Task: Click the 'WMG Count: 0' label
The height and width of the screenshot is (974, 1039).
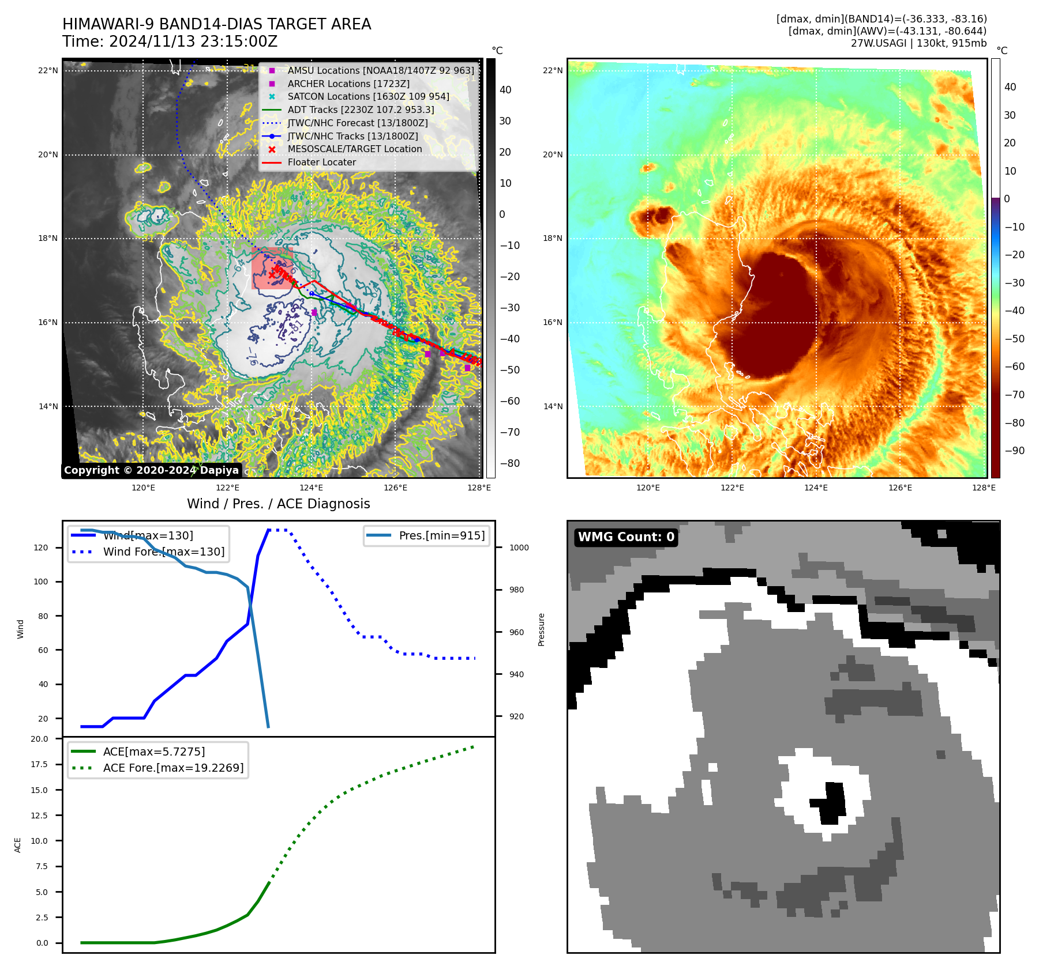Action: click(x=626, y=537)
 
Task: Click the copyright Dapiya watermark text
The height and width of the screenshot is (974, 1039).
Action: click(x=151, y=470)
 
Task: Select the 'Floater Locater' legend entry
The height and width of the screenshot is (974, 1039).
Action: click(x=321, y=163)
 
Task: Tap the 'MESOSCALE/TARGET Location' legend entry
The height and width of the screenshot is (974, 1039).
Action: click(x=354, y=149)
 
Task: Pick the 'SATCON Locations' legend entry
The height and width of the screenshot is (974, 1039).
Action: click(x=368, y=97)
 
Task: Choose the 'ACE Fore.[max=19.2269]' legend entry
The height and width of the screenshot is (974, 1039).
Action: click(x=173, y=768)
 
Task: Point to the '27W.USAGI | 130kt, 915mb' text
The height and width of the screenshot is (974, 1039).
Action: click(x=918, y=43)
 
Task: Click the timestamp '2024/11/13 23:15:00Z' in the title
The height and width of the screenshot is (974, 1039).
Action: click(x=193, y=42)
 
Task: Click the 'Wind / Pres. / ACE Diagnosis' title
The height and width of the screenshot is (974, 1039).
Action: click(x=278, y=504)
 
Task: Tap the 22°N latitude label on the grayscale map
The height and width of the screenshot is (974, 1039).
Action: click(x=48, y=71)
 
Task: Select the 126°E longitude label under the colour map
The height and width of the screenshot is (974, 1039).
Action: click(x=900, y=488)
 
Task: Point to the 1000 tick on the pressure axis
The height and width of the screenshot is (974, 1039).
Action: click(x=519, y=548)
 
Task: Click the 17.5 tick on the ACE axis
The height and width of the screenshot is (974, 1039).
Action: click(x=39, y=764)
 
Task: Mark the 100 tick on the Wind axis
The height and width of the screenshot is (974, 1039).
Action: click(x=40, y=582)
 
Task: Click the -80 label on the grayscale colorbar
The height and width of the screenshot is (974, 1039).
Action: click(x=509, y=463)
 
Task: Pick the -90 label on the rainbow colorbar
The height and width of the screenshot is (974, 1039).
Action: click(x=1014, y=451)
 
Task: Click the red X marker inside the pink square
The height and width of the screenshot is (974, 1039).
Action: click(x=272, y=275)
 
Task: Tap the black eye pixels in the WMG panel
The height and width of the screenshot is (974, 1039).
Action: click(x=832, y=803)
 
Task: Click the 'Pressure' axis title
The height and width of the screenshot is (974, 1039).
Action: click(x=541, y=629)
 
